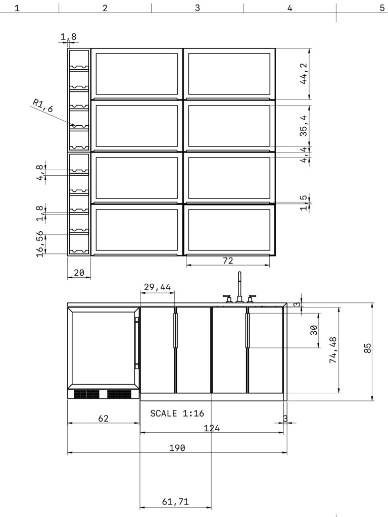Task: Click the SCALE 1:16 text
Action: tap(177, 413)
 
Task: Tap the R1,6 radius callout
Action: tap(42, 105)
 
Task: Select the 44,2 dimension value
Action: tap(304, 74)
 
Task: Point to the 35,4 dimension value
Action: tap(304, 126)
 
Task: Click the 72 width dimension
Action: tap(228, 261)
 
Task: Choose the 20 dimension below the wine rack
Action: tap(79, 273)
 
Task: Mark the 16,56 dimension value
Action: tap(40, 244)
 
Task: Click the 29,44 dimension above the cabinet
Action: tap(158, 287)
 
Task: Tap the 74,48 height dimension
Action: tap(333, 350)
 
